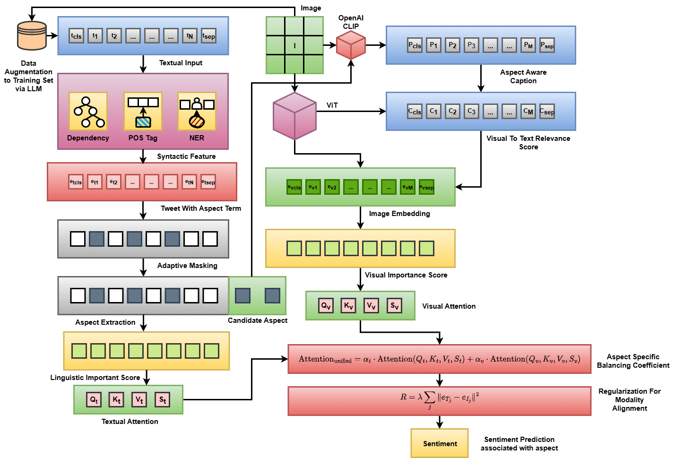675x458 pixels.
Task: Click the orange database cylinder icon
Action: point(32,35)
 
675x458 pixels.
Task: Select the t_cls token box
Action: point(76,36)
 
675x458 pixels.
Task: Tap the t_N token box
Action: point(190,36)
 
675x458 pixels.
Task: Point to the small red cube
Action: point(351,45)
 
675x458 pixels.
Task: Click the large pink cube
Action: point(294,116)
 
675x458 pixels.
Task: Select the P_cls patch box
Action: point(415,45)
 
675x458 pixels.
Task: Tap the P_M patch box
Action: point(528,45)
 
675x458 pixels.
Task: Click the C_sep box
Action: point(547,112)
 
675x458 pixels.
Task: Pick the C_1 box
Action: point(433,112)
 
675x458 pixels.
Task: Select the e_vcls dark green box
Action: point(294,187)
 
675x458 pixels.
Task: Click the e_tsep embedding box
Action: point(208,182)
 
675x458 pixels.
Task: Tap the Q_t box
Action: point(94,400)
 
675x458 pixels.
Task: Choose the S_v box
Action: point(394,306)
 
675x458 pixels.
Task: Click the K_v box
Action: point(348,306)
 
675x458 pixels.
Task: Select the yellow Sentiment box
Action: point(440,443)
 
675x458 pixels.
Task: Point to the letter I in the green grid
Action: point(294,46)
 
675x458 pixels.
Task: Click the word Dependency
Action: point(88,138)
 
